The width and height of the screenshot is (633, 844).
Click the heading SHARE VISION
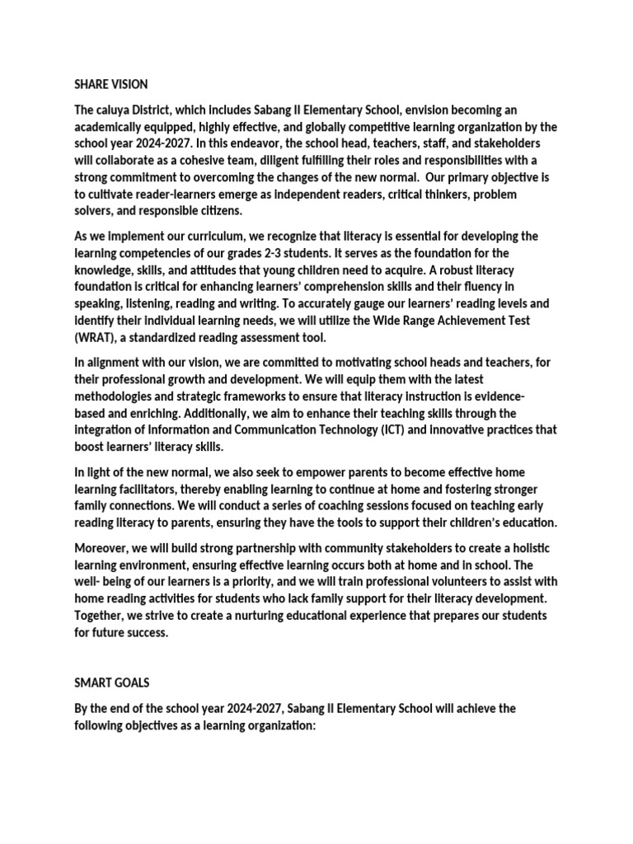[111, 83]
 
